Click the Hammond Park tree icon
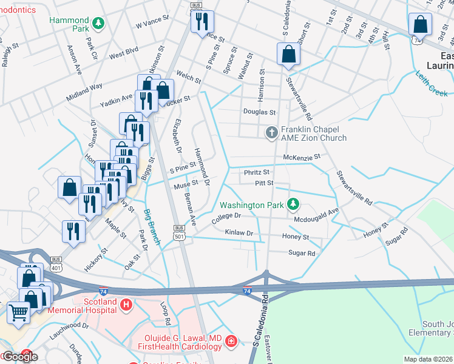point(98,23)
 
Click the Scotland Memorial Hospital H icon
point(126,305)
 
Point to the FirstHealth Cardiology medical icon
point(231,342)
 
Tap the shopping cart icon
point(18,312)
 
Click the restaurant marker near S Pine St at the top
point(202,22)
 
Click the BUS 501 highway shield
point(178,231)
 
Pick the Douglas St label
point(259,112)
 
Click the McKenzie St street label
point(301,158)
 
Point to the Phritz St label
point(256,172)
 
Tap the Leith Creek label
point(432,84)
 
